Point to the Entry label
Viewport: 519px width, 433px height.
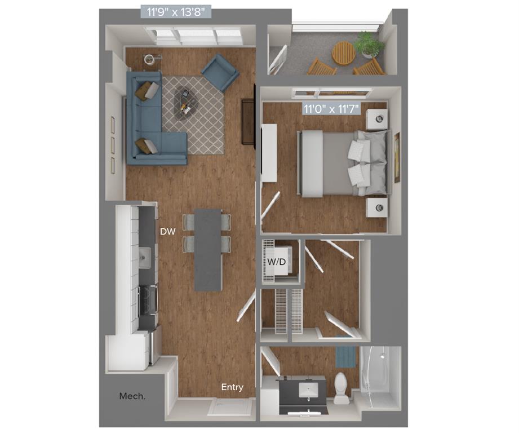pos(232,387)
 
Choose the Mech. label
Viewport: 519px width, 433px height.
pos(132,396)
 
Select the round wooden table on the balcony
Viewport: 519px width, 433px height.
pos(343,53)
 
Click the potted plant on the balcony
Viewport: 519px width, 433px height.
pos(369,44)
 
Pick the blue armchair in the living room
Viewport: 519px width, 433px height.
pos(220,72)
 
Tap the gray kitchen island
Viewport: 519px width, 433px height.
pos(207,249)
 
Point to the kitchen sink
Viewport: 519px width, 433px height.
pos(144,258)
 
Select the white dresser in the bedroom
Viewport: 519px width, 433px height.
pos(268,152)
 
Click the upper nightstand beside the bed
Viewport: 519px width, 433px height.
pos(377,120)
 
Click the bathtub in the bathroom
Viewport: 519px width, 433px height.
pos(380,377)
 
